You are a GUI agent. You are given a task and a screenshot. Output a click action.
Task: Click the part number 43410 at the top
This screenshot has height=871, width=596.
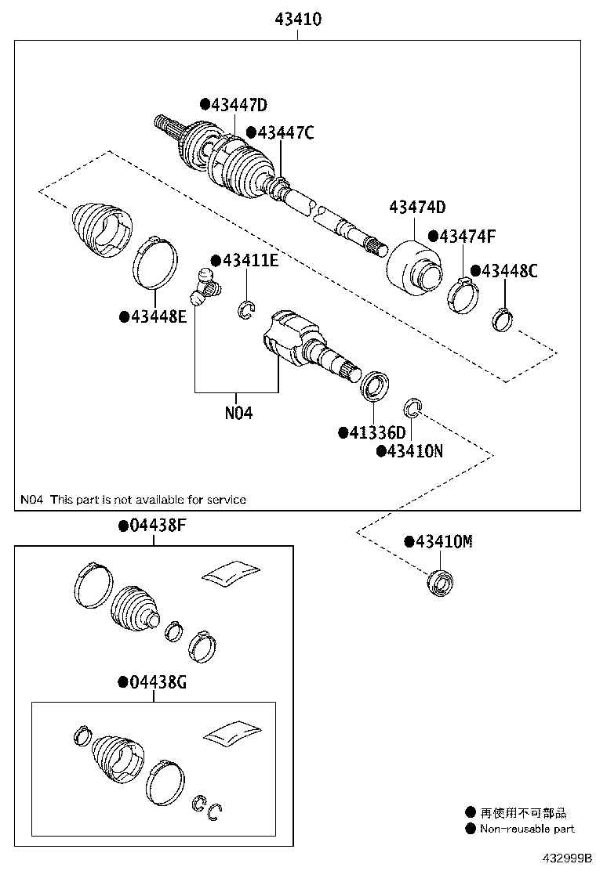pyautogui.click(x=298, y=19)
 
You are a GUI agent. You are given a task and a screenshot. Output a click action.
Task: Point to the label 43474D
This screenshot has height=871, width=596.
pyautogui.click(x=417, y=208)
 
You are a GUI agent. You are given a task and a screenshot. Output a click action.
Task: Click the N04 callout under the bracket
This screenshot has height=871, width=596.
pyautogui.click(x=238, y=412)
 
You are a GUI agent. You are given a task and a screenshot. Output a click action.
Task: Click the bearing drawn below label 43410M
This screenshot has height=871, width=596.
pyautogui.click(x=439, y=584)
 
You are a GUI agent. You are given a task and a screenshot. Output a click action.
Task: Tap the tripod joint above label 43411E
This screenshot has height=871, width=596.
pyautogui.click(x=204, y=288)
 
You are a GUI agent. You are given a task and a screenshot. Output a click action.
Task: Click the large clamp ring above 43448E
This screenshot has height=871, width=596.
pyautogui.click(x=154, y=260)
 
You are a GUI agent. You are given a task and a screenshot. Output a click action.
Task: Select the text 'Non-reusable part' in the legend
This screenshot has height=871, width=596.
pyautogui.click(x=527, y=829)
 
